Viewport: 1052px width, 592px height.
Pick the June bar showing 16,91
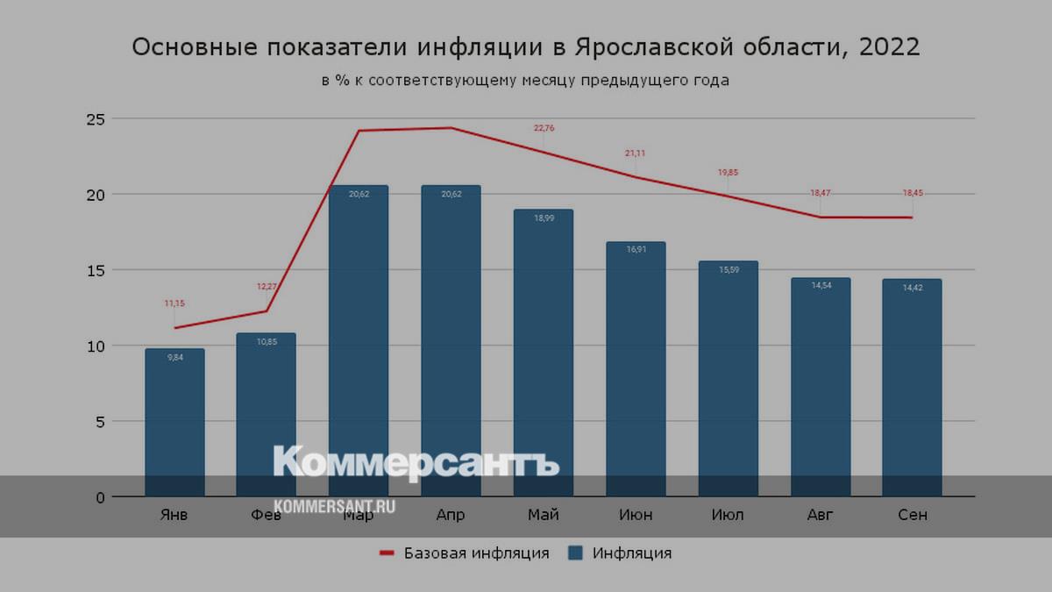(x=636, y=369)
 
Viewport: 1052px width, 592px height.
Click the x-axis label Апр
(x=451, y=515)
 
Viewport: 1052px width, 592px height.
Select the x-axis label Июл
(x=728, y=515)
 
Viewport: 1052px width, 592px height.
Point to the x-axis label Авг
(x=821, y=515)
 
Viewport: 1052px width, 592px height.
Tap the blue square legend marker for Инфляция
(x=576, y=553)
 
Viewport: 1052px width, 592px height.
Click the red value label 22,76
(x=544, y=128)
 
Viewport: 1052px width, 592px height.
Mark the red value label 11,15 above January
(x=174, y=303)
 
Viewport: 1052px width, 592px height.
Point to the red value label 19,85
(x=728, y=173)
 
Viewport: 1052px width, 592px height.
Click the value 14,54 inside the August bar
(x=821, y=285)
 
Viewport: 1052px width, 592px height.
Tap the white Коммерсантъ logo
(x=416, y=463)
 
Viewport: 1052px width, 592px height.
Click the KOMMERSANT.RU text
(x=335, y=506)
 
